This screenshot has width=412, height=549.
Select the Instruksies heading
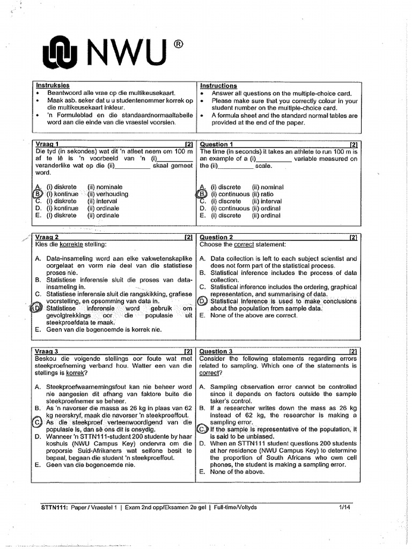coord(52,85)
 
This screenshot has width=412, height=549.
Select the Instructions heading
coord(218,86)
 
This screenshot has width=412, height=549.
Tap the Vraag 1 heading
coord(47,144)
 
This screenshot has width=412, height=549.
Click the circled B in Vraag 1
coord(38,194)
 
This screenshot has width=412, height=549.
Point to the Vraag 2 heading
coord(47,237)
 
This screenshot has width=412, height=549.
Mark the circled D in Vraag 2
coord(38,308)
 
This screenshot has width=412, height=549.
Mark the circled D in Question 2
coord(202,301)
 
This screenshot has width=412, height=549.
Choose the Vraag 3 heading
coord(47,351)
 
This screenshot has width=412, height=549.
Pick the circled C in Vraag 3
coord(38,422)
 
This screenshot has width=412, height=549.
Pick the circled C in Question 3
coord(202,429)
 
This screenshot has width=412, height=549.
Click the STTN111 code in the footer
coord(54,506)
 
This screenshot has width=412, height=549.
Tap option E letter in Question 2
coord(202,316)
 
